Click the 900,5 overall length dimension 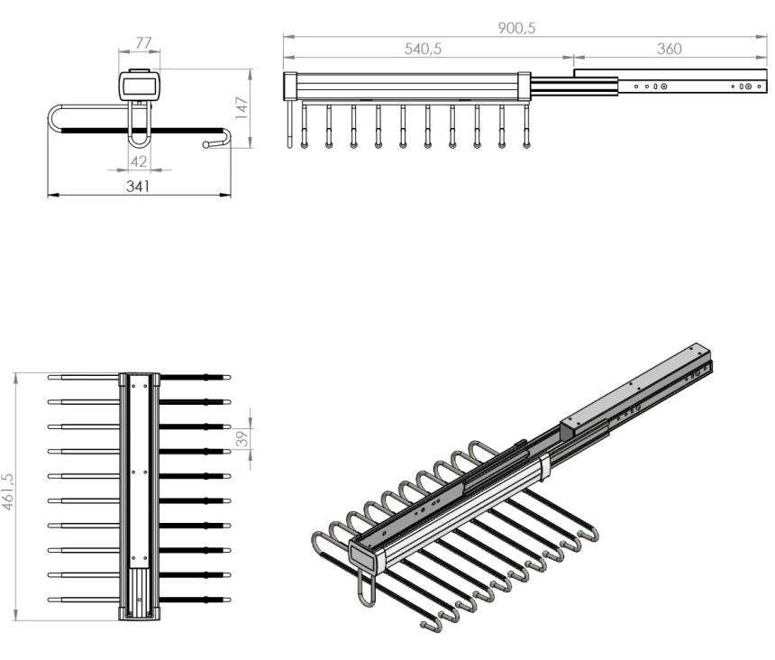(516, 28)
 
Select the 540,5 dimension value (423, 49)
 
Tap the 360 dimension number (670, 49)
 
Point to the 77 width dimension (143, 43)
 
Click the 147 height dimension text (242, 108)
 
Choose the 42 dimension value (139, 161)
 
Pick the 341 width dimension (138, 187)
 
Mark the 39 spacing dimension (242, 438)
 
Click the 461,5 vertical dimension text (8, 491)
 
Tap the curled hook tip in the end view (206, 145)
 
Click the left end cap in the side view (289, 87)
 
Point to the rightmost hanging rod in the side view (526, 126)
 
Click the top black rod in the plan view (195, 377)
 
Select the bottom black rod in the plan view (195, 600)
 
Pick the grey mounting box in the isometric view (635, 390)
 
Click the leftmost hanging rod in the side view (289, 124)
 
